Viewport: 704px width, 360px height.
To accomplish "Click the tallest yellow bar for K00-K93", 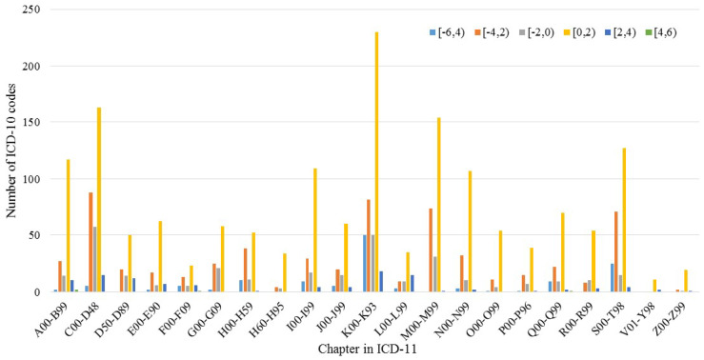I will tap(376, 162).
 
